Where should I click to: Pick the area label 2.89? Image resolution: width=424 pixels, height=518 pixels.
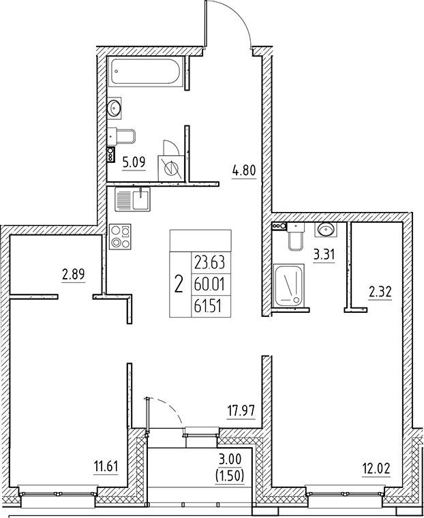tap(73, 275)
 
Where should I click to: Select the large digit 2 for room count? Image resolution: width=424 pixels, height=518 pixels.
tap(179, 283)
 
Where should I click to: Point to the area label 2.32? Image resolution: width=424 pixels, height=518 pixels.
tap(379, 294)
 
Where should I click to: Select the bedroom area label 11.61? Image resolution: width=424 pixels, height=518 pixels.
tap(106, 466)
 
